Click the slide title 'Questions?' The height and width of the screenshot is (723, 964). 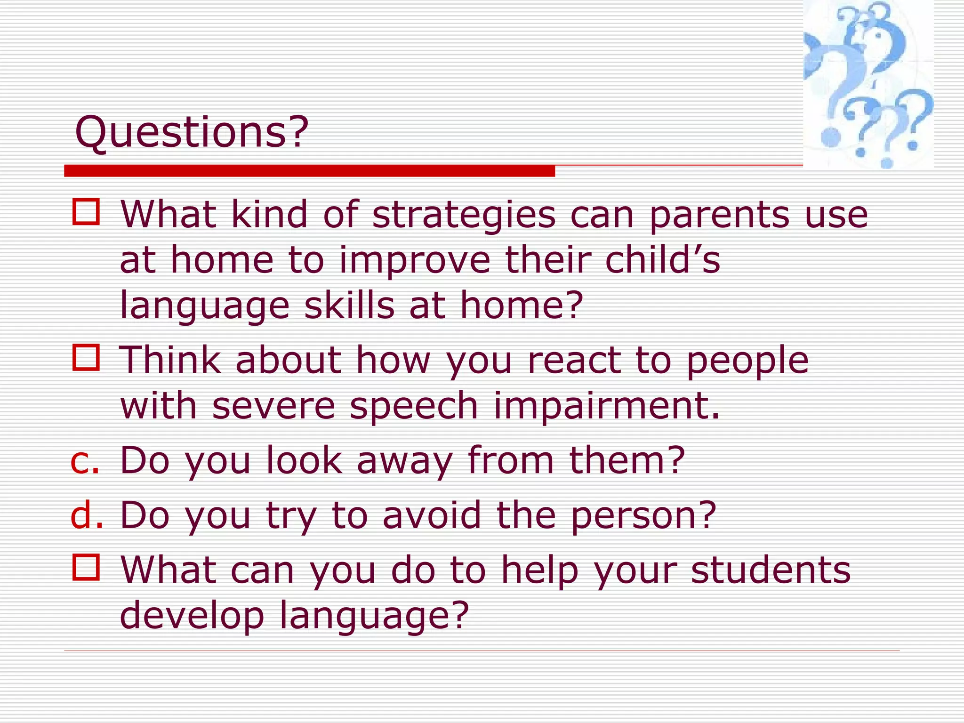coord(192,133)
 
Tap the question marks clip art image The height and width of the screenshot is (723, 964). coord(868,85)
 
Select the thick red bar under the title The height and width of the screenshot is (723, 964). coord(309,171)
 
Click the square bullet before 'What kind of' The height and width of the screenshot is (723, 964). coord(86,212)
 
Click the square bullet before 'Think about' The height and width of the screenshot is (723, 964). coord(86,358)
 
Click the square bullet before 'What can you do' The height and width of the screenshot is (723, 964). coord(86,567)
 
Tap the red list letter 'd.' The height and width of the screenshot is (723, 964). coord(87,515)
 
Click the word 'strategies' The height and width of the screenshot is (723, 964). coord(464,215)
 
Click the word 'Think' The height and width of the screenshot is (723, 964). coord(170,360)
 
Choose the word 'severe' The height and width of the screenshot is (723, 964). coord(273,406)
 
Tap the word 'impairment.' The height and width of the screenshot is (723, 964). coord(607,406)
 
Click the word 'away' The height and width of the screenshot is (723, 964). coord(404,461)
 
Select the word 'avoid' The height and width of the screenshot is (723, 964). coord(432,515)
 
